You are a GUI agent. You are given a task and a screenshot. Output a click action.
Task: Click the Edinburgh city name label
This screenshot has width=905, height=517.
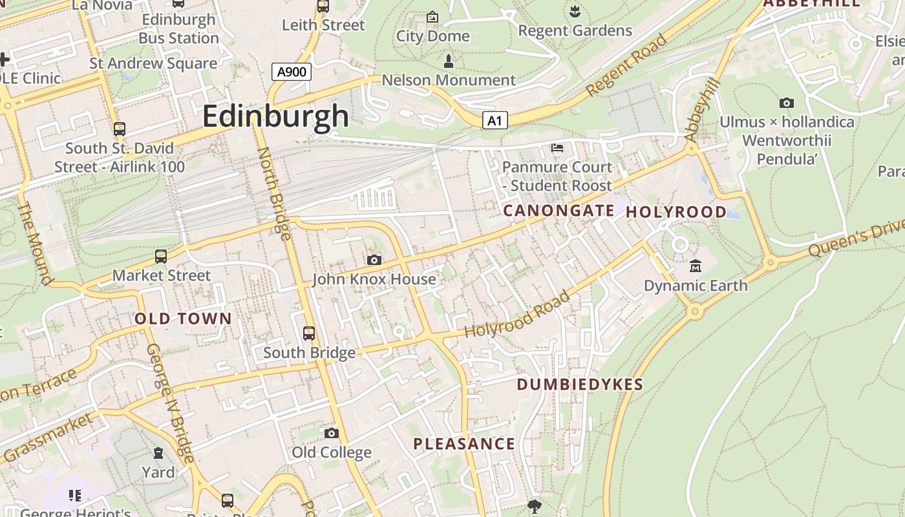(276, 117)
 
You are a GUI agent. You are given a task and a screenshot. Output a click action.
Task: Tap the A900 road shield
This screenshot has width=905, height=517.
(292, 72)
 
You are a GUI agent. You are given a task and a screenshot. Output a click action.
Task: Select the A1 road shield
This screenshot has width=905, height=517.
(495, 120)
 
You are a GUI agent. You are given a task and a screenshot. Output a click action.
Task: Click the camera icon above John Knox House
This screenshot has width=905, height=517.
(374, 260)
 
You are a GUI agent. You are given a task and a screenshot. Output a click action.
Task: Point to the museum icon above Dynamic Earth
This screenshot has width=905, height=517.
(696, 266)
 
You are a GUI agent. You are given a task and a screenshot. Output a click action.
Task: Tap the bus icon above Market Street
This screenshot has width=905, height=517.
(161, 256)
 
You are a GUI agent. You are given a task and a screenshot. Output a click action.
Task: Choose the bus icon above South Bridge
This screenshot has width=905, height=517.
(309, 333)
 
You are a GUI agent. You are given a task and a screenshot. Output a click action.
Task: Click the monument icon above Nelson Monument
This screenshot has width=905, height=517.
(449, 61)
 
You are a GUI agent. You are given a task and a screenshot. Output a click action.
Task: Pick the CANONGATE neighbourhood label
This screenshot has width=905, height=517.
(559, 211)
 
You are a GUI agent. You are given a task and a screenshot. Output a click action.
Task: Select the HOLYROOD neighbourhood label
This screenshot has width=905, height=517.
(676, 212)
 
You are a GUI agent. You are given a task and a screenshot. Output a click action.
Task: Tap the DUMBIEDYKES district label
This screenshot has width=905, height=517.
(580, 385)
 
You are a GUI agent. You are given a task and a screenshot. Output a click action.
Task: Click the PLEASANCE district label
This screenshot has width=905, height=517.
(464, 444)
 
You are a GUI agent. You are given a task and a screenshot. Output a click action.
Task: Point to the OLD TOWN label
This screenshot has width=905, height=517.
(183, 319)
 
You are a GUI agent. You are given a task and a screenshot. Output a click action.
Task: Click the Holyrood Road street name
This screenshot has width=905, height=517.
(518, 314)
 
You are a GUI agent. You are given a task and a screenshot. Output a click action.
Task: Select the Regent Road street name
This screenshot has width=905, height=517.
(626, 66)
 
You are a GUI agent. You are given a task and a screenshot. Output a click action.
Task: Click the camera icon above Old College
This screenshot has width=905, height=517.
(332, 433)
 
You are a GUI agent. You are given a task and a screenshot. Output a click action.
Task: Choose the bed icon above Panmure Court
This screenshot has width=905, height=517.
(557, 148)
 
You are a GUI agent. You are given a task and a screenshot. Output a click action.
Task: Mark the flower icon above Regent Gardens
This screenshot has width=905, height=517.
(574, 10)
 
